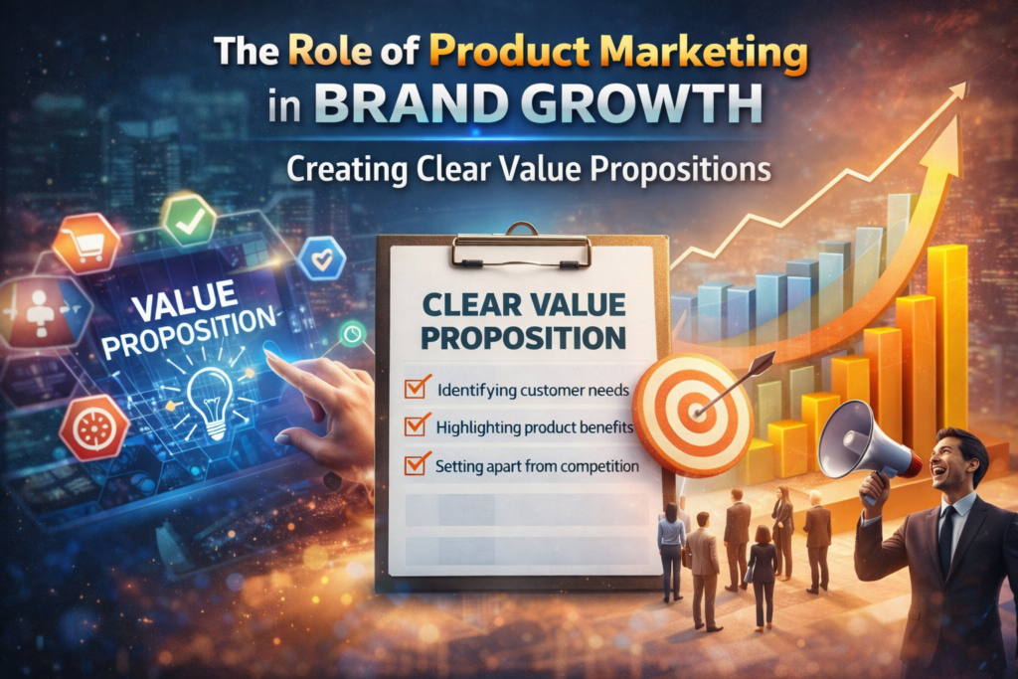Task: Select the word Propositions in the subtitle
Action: [680, 170]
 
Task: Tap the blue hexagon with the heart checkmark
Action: [322, 257]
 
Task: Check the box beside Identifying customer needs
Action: [417, 388]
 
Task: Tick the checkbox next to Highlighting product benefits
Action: [417, 425]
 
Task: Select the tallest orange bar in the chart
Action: [947, 338]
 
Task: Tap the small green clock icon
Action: [353, 333]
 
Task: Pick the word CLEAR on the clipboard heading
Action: [471, 305]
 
